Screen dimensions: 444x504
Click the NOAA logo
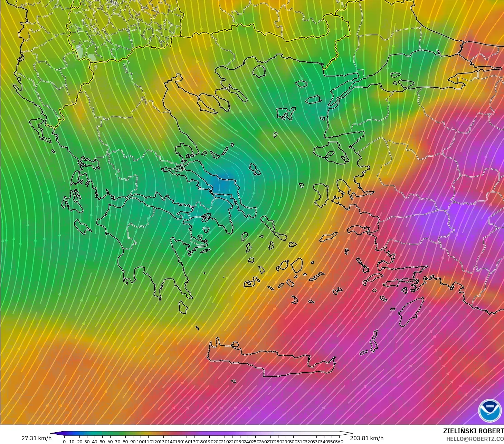[489, 410]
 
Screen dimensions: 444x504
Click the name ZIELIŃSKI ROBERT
[473, 431]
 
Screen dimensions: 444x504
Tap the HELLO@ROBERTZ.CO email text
[475, 439]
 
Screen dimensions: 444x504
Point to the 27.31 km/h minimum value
[36, 438]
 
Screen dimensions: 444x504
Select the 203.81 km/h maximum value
[367, 438]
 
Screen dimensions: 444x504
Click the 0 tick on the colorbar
[64, 442]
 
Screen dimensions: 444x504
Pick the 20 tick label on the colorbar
[79, 442]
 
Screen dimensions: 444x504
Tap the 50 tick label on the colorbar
[102, 442]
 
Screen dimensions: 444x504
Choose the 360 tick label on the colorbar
[339, 442]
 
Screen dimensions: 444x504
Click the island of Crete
[273, 362]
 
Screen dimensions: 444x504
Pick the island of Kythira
[183, 307]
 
